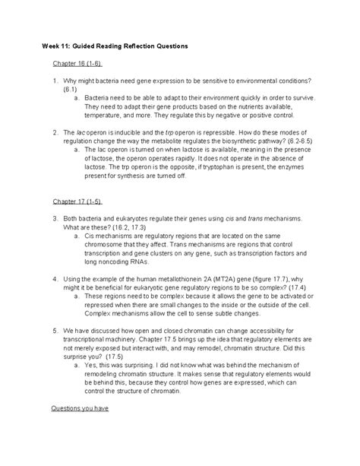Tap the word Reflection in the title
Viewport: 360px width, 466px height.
150,47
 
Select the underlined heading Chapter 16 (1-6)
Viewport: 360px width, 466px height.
77,65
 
